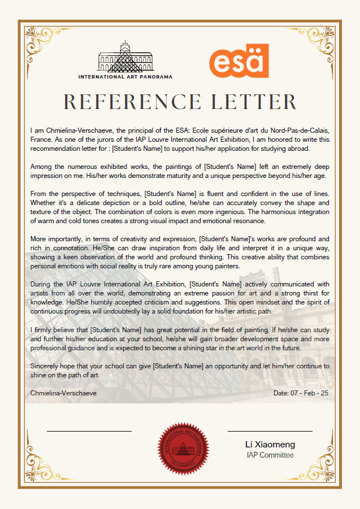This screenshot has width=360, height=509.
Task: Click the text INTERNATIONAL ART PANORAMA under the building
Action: pos(125,76)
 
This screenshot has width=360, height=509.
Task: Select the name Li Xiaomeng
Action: pos(270,445)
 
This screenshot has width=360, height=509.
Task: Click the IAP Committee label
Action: pos(270,455)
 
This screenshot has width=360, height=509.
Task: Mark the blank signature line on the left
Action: pos(89,431)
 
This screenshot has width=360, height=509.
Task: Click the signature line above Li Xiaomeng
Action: pos(270,431)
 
